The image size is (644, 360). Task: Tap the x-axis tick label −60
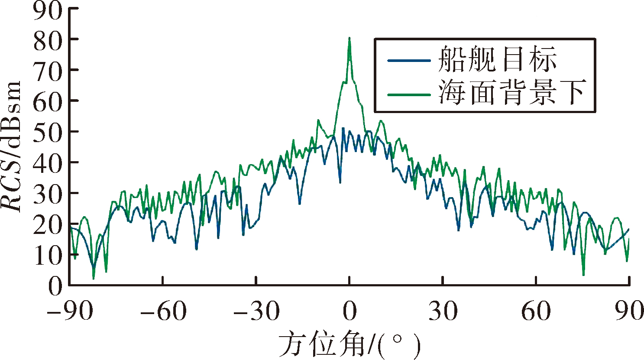click(x=163, y=311)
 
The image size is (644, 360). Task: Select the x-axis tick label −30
click(x=256, y=311)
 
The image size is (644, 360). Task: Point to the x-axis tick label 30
click(x=443, y=311)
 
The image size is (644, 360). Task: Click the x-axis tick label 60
click(x=536, y=311)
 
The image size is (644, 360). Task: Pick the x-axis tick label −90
click(x=70, y=311)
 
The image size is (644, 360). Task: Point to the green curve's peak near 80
click(x=350, y=38)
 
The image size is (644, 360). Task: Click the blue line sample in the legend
click(x=409, y=61)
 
